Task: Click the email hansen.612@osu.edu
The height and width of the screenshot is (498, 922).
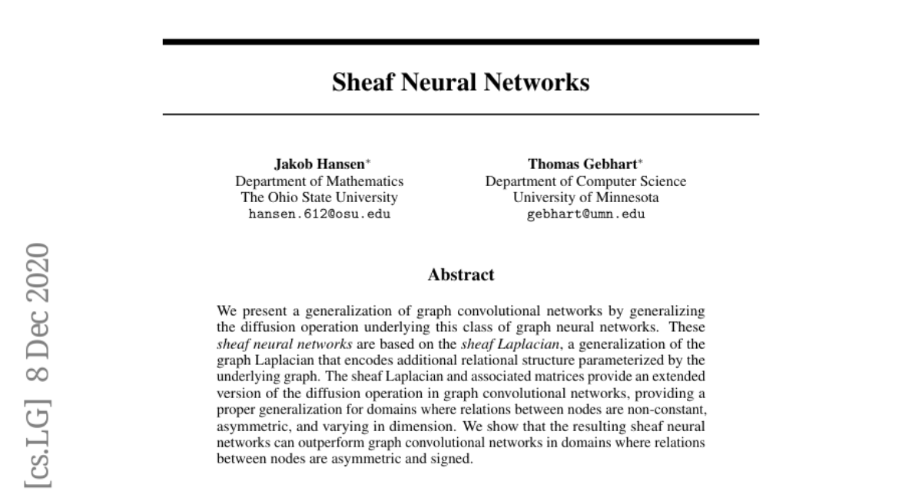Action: pos(320,214)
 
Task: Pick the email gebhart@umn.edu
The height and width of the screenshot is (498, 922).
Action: pos(585,214)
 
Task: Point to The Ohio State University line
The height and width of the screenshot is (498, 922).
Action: pos(320,198)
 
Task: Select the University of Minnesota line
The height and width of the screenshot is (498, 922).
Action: pos(585,198)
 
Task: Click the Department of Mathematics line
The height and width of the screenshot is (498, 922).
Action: pos(320,181)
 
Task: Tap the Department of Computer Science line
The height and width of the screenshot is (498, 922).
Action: pos(585,181)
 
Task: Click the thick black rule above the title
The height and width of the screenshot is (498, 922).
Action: pos(461,41)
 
